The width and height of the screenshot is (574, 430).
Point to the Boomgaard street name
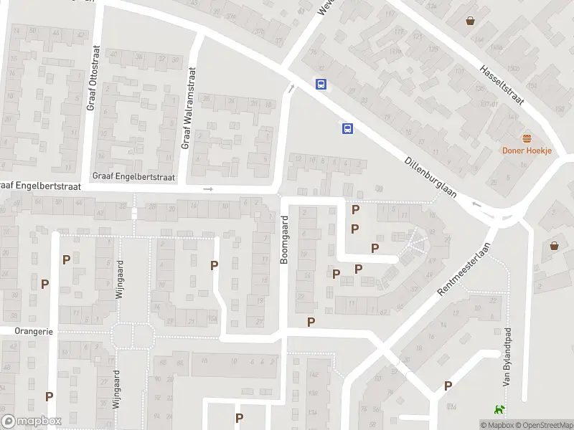click(x=284, y=239)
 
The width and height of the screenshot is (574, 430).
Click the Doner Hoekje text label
click(x=526, y=150)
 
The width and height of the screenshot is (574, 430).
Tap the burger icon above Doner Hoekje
click(x=527, y=138)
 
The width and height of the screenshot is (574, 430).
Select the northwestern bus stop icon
click(x=321, y=84)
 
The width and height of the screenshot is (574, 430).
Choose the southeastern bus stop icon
click(x=347, y=128)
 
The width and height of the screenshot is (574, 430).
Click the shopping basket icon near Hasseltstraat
click(x=471, y=21)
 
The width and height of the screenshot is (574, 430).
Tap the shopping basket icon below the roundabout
click(x=554, y=246)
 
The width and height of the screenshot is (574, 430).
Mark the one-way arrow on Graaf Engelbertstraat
click(x=208, y=189)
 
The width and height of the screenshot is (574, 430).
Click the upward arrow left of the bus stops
click(x=291, y=89)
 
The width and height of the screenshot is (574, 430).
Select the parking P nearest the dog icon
click(x=448, y=386)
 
